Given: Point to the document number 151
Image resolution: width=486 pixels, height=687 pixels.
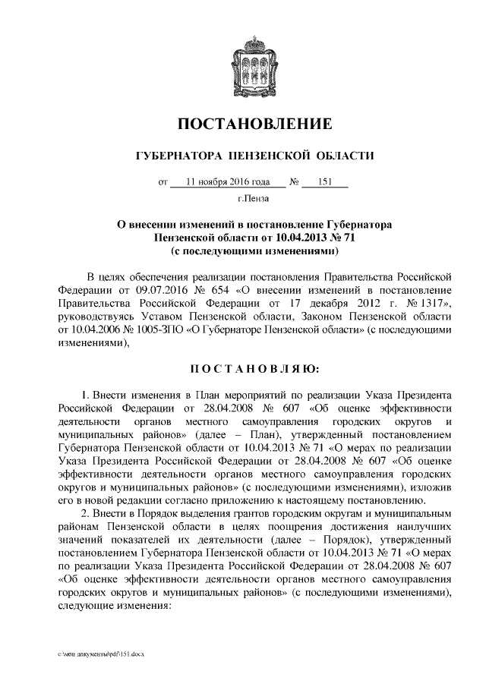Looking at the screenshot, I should [x=323, y=182].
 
